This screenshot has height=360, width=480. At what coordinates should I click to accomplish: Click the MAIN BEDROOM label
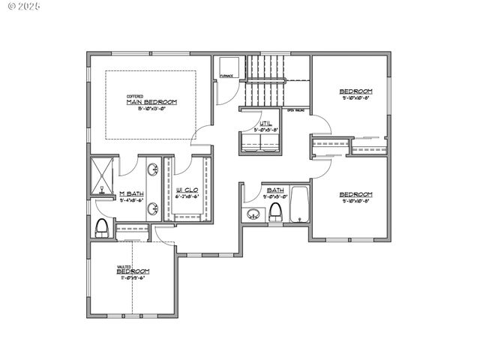click(x=151, y=102)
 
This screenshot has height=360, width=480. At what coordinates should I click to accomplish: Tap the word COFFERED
click(x=135, y=96)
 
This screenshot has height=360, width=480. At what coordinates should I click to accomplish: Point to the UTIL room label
click(x=265, y=123)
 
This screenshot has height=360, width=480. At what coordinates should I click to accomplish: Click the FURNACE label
click(x=227, y=75)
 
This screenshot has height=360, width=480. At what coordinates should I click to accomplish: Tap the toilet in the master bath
click(x=103, y=227)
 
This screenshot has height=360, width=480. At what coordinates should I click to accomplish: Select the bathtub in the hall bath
click(x=300, y=204)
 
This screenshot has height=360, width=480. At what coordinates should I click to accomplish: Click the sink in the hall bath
click(x=252, y=215)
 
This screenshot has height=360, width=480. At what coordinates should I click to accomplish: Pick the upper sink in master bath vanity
click(x=152, y=169)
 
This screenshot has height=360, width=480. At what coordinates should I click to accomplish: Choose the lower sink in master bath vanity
click(x=152, y=208)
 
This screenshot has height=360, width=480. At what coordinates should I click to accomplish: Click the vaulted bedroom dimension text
click(x=132, y=277)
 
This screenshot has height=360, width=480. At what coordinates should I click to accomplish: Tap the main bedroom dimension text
click(x=152, y=108)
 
